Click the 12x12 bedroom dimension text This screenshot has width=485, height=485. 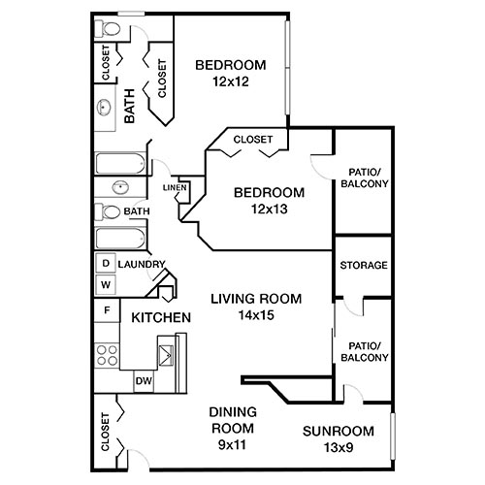[230, 83]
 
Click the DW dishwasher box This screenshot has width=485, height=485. [143, 381]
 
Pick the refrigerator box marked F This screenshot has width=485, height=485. [105, 310]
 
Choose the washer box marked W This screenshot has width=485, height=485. [105, 284]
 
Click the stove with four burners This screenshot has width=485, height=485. [105, 356]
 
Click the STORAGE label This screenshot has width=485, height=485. [364, 266]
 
